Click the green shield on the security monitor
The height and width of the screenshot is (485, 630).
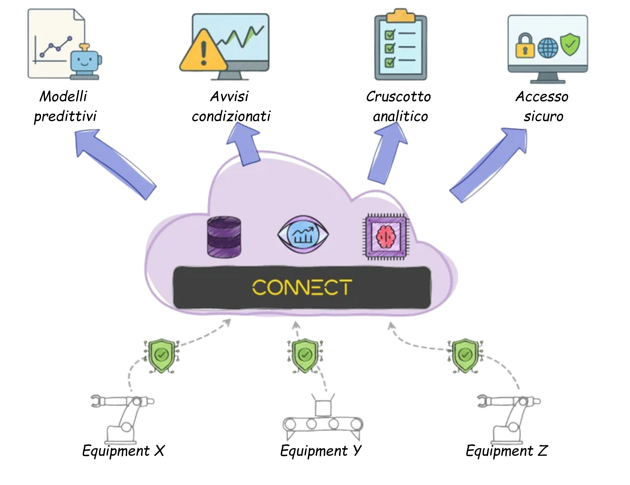coord(570,45)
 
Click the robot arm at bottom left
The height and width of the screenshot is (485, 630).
coord(123,419)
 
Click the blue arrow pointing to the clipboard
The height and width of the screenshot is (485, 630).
coord(388,153)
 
